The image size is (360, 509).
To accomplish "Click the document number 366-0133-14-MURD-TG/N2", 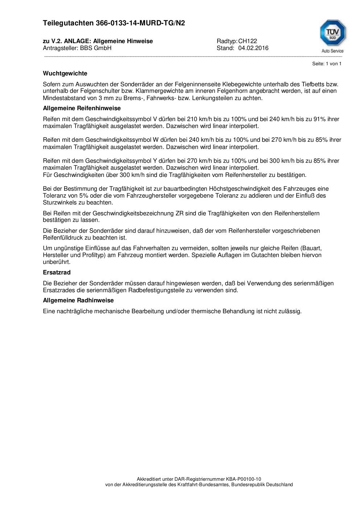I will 140,23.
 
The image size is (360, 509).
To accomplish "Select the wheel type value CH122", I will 248,41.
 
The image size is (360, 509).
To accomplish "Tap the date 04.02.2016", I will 253,48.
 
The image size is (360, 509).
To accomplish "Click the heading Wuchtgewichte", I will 65,73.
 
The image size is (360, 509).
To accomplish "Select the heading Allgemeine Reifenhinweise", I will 82,108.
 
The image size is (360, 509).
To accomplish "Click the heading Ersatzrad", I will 57,272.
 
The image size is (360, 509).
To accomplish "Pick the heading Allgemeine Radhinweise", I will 78,300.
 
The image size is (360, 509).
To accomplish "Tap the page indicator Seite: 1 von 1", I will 327,64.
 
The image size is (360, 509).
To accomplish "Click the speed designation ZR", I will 179,213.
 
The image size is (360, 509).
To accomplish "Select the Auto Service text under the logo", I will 332,51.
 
